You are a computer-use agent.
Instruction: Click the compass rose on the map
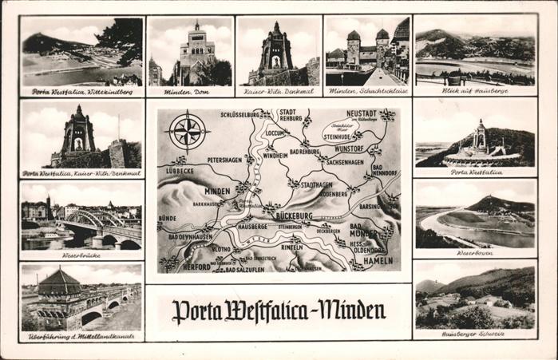tap(188, 132)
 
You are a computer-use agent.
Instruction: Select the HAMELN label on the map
tap(378, 260)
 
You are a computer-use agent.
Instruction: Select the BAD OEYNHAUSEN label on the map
tap(189, 236)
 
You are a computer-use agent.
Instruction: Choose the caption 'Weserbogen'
tap(475, 252)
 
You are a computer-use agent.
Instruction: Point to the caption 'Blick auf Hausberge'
tap(475, 91)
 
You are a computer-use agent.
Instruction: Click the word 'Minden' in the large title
tap(347, 309)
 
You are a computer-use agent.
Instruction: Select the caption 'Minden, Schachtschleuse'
tap(367, 92)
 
